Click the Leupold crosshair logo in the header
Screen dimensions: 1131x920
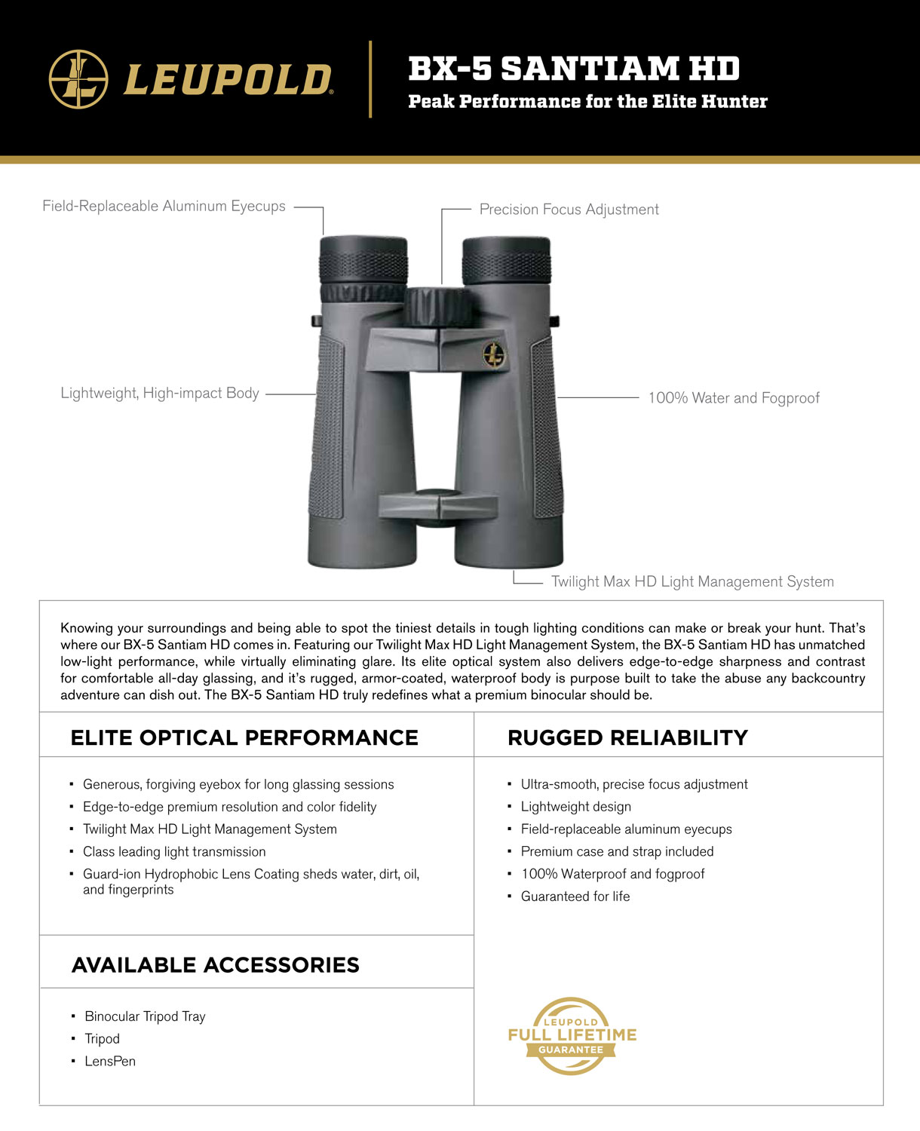click(x=78, y=79)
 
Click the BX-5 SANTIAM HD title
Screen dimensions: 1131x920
click(x=574, y=69)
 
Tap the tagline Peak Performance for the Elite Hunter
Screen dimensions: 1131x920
click(x=587, y=102)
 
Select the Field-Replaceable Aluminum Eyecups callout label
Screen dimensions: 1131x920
click(x=164, y=207)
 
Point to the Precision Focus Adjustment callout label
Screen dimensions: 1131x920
click(x=569, y=210)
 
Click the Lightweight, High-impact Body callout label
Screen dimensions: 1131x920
click(x=160, y=394)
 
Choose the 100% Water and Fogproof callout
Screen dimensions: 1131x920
click(x=733, y=398)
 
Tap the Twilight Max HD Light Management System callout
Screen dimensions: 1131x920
click(x=692, y=582)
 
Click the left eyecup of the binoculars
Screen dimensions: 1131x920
click(x=363, y=260)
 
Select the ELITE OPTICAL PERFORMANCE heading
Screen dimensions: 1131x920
click(x=244, y=738)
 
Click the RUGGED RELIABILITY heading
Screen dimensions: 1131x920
click(x=627, y=738)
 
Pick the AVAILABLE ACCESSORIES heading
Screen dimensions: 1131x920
click(x=216, y=965)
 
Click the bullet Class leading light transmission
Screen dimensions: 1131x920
click(x=174, y=852)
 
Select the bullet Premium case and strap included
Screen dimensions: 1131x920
click(x=617, y=852)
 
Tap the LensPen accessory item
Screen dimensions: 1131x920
click(x=110, y=1062)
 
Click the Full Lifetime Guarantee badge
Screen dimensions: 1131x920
click(x=572, y=1036)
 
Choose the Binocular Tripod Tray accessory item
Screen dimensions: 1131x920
click(x=145, y=1016)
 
